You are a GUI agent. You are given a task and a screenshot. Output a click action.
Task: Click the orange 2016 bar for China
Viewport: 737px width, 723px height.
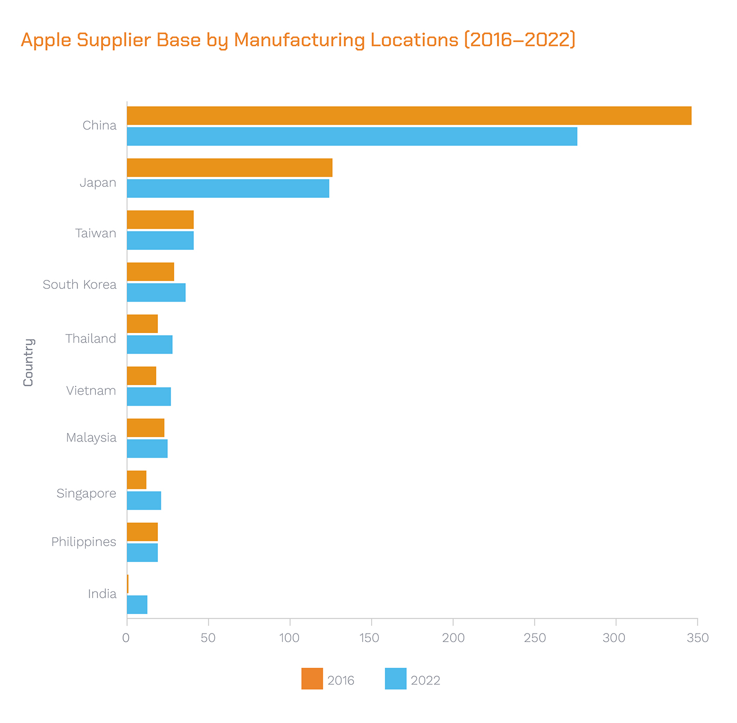click(x=409, y=116)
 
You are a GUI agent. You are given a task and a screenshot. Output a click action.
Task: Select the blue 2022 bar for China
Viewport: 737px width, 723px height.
click(x=352, y=136)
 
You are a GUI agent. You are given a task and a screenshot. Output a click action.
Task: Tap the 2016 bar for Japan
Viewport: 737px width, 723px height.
click(x=230, y=168)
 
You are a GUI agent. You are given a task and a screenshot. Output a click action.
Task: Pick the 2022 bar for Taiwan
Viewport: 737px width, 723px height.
click(x=160, y=240)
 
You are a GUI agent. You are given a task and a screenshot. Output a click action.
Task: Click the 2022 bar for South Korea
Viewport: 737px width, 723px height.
click(x=156, y=293)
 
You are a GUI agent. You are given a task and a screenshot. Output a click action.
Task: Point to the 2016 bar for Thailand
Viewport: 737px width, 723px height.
click(x=142, y=324)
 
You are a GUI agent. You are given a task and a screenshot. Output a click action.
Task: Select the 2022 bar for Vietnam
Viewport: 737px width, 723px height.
click(x=148, y=397)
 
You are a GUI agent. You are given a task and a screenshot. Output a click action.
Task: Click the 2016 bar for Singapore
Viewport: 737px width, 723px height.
click(x=136, y=480)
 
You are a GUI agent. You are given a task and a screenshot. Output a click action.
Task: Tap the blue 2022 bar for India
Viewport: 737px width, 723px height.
click(x=137, y=605)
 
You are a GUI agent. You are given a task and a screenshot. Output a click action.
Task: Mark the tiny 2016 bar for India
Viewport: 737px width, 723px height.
click(x=127, y=584)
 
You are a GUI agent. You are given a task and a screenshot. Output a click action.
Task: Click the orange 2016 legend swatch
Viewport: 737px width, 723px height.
click(x=312, y=679)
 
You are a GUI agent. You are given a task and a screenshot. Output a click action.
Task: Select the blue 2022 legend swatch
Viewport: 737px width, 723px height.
click(x=395, y=679)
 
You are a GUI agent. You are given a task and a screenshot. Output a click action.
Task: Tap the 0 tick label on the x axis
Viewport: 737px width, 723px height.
click(x=126, y=638)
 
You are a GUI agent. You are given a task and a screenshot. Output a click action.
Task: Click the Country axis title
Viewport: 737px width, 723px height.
click(x=28, y=363)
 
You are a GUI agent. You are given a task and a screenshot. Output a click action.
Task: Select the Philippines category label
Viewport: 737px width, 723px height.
click(x=84, y=542)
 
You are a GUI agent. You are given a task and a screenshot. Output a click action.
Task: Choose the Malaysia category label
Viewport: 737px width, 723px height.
click(x=91, y=438)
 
